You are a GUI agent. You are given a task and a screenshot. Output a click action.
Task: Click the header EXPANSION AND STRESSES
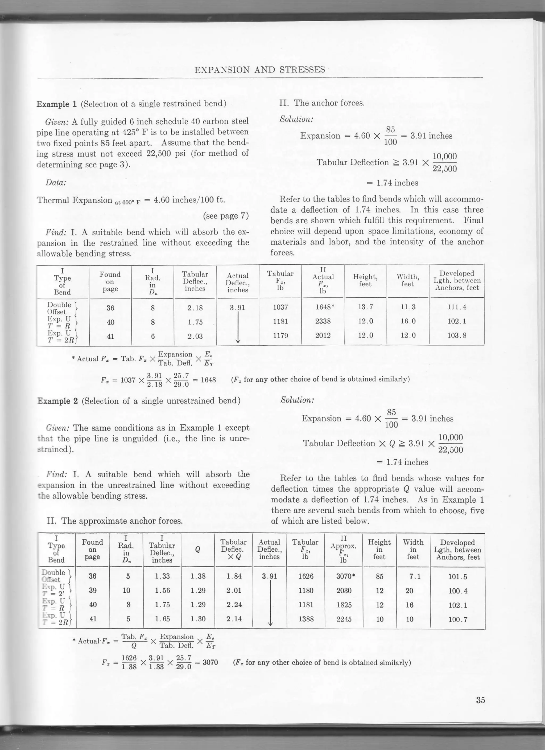[260, 70]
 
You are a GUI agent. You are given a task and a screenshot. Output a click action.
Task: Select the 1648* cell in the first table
[325, 307]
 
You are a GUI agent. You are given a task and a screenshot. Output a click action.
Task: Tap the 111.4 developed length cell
[457, 307]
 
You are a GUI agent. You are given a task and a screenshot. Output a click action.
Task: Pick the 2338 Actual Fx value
[323, 321]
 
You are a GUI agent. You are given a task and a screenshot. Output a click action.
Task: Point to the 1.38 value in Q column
[198, 576]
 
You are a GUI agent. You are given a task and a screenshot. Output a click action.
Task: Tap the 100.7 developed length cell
[458, 619]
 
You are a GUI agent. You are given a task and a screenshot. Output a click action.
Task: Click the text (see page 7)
[225, 216]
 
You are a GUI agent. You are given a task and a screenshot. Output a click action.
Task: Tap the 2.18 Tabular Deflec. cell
[195, 308]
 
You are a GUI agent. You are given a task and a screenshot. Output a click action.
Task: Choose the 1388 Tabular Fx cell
[306, 619]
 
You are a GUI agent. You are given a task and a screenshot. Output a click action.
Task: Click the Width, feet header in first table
[407, 280]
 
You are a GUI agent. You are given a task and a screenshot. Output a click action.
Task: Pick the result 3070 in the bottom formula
[210, 662]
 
